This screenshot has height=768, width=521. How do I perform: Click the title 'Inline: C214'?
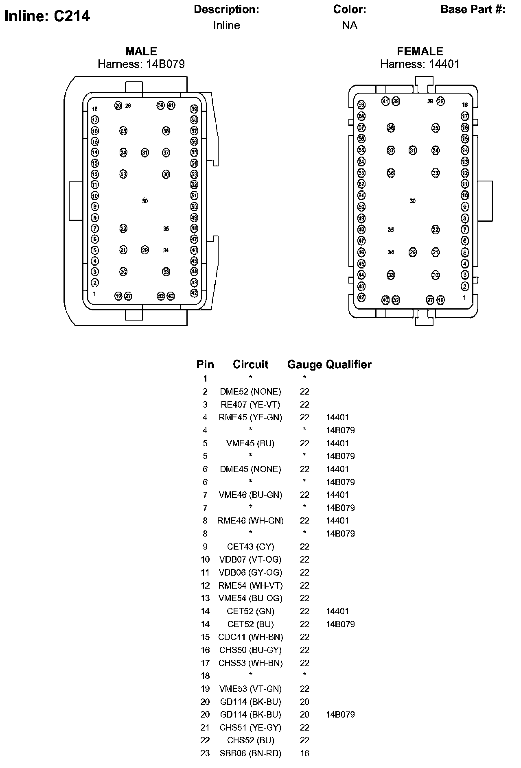tap(47, 16)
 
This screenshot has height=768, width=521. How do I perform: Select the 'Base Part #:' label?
tap(473, 9)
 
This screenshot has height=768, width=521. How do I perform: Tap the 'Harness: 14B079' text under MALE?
tap(141, 64)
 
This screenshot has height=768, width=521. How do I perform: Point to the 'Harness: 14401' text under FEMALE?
tap(420, 64)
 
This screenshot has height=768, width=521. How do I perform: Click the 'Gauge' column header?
tap(304, 364)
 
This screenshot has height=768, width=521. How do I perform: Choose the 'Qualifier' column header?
tap(349, 364)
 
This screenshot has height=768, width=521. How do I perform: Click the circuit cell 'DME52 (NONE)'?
tap(250, 391)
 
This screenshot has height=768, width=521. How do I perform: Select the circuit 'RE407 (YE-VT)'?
tap(250, 404)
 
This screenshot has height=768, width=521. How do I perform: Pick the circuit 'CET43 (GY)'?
tap(250, 546)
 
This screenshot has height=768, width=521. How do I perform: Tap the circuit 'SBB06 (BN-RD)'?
tap(250, 753)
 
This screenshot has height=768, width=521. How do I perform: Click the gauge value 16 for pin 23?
tap(304, 753)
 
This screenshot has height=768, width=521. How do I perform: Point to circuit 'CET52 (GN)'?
tap(250, 611)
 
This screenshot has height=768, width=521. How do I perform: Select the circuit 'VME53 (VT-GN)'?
tap(250, 689)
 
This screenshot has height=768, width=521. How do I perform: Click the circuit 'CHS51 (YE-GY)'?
tap(250, 727)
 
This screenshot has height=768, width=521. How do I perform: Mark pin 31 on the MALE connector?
tap(145, 153)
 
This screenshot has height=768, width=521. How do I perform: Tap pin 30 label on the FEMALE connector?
tap(413, 201)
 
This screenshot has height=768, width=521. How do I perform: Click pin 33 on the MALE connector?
tap(166, 272)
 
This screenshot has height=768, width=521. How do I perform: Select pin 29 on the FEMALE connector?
tap(413, 252)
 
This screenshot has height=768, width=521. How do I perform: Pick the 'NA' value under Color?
tap(349, 25)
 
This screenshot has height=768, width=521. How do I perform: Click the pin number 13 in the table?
tap(205, 598)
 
